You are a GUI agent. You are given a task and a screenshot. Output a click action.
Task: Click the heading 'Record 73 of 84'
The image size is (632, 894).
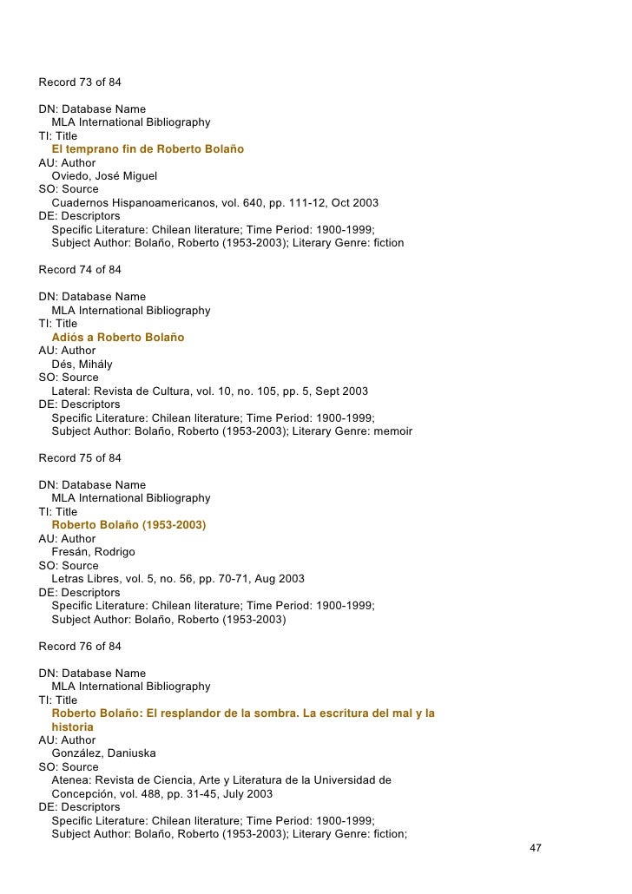[80, 83]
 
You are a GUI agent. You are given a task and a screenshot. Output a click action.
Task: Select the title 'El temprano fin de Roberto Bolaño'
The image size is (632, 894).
[148, 149]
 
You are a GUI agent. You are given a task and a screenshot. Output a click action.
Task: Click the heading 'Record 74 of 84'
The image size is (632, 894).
[80, 270]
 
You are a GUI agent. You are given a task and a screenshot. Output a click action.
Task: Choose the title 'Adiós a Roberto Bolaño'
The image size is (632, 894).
[118, 337]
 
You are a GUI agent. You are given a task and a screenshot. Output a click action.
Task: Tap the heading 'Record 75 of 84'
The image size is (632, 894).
[80, 458]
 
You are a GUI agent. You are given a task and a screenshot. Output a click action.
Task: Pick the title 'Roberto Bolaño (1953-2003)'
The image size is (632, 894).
[128, 525]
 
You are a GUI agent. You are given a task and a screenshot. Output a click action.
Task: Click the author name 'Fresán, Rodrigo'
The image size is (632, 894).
[93, 552]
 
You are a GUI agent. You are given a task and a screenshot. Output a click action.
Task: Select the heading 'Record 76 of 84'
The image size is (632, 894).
[80, 647]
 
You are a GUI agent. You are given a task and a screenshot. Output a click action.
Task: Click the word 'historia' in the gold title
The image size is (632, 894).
[72, 726]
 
